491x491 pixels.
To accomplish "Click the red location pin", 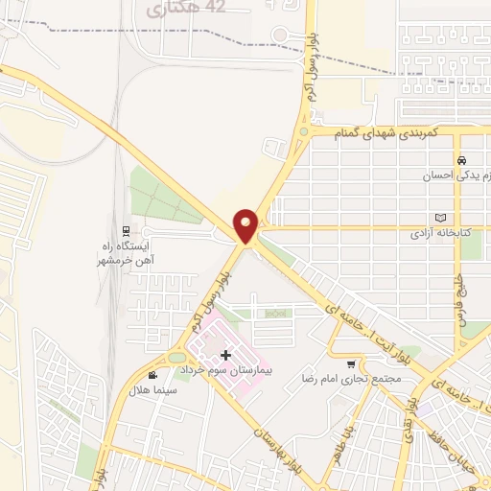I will [246, 225].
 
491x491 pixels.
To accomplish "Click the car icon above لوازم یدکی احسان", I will [462, 160].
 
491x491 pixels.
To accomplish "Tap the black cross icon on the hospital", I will [226, 356].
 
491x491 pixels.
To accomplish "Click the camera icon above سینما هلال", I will [154, 374].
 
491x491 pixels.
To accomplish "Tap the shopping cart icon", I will [352, 363].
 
